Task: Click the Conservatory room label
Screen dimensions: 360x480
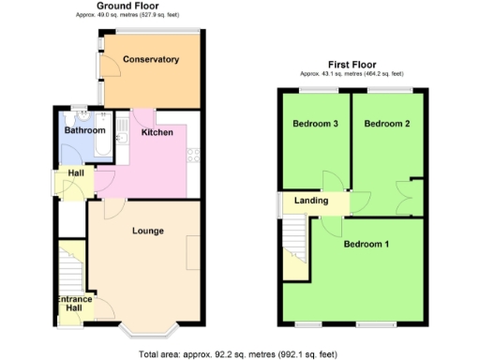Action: (150, 59)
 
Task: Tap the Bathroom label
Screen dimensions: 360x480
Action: (84, 131)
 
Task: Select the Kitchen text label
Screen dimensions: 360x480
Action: (157, 133)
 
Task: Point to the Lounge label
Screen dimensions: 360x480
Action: (147, 231)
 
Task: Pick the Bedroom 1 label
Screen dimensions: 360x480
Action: (366, 245)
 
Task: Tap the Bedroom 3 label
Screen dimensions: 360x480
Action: (315, 124)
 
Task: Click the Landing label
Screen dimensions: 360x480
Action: (311, 201)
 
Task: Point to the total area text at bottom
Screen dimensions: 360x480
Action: (237, 353)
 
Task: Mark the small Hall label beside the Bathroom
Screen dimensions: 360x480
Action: (72, 174)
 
